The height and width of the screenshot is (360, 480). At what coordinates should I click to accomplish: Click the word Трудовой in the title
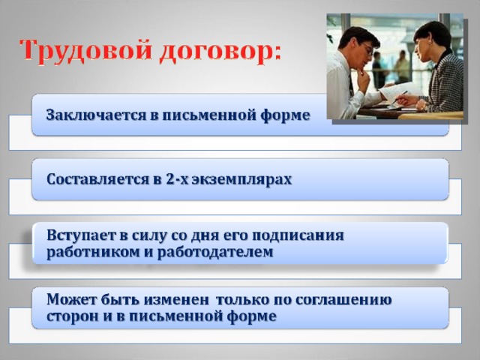pyautogui.click(x=85, y=50)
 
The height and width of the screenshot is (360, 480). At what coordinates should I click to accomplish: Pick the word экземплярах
pyautogui.click(x=242, y=180)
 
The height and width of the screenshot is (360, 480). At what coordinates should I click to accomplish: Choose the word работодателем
pyautogui.click(x=215, y=252)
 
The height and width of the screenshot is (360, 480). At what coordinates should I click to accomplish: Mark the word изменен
pyautogui.click(x=176, y=300)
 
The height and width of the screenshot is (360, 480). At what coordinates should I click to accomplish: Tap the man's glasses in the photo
pyautogui.click(x=367, y=49)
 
